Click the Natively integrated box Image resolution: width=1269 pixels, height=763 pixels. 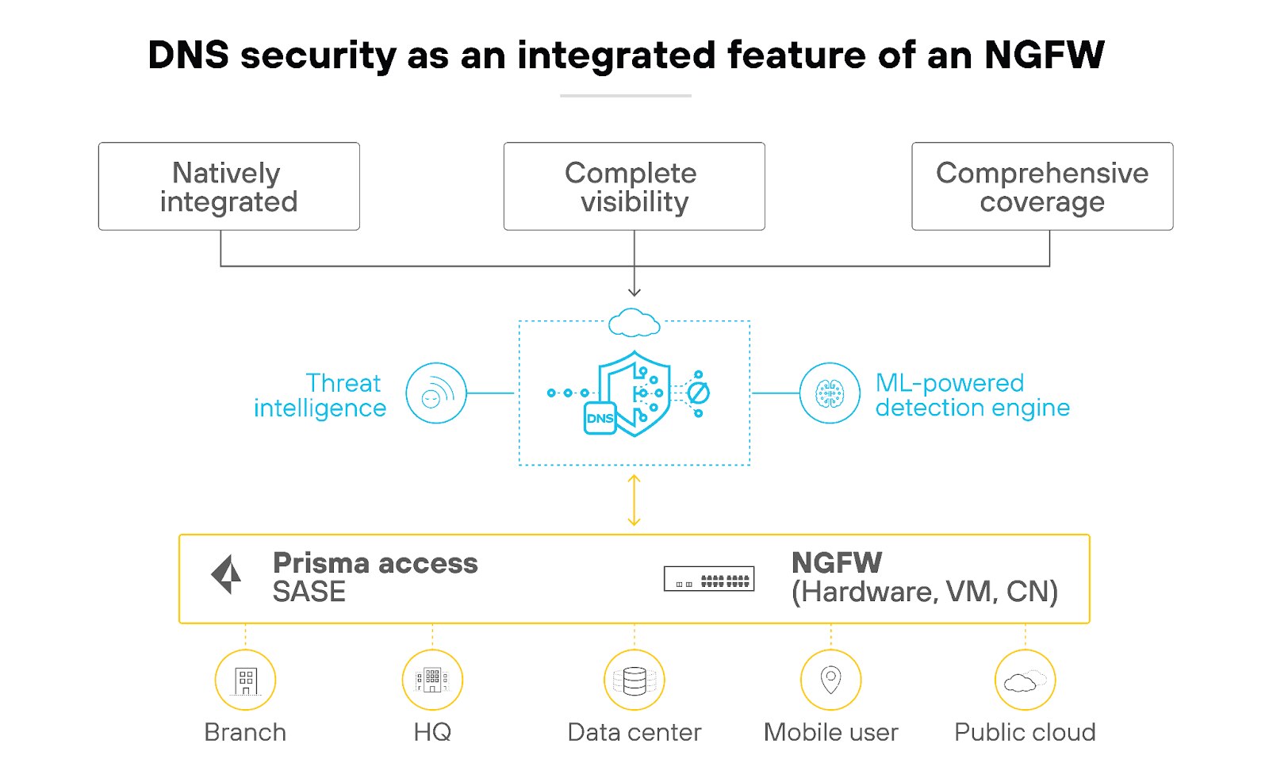point(228,187)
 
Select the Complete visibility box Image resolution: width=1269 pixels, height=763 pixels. point(634,187)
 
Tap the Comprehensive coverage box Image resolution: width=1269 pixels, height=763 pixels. point(1042,187)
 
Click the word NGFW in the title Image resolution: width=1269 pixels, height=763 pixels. point(1044,56)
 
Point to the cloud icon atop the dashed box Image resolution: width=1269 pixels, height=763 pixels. point(634,323)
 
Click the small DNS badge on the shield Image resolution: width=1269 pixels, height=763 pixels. point(600,418)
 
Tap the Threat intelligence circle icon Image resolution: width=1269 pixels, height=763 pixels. point(435,393)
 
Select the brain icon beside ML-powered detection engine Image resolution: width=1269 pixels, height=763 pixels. point(830,393)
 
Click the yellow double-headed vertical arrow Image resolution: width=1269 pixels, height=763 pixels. point(634,500)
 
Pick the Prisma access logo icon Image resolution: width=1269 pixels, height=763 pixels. point(227,574)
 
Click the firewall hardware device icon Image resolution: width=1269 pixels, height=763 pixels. point(709,579)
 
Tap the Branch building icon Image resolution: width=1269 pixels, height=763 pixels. point(246,681)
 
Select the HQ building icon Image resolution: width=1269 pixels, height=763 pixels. point(432,681)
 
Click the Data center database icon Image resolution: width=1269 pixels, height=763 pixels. point(634,681)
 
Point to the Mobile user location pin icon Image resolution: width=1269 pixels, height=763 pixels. point(830,681)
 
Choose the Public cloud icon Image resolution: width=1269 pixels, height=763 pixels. point(1025,681)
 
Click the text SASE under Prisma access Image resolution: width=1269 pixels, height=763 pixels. point(309,592)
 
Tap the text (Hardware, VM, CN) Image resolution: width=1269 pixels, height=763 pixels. point(925,592)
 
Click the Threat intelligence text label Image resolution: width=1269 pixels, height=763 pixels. point(320,395)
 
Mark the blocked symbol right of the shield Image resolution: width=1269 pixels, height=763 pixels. point(698,393)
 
